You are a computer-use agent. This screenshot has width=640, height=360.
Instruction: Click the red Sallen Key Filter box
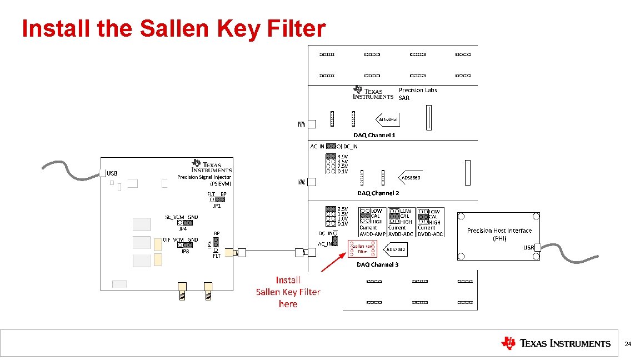tap(362, 249)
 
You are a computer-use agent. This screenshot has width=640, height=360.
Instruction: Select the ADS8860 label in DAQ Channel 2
tap(411, 178)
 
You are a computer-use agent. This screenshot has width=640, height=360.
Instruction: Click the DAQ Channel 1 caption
tap(374, 135)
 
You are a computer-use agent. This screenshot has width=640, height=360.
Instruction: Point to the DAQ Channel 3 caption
tap(378, 264)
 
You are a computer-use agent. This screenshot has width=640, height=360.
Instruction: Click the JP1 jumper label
tap(217, 206)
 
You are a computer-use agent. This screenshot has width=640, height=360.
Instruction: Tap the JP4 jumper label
tap(182, 228)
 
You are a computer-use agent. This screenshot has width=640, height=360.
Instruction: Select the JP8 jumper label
tap(185, 251)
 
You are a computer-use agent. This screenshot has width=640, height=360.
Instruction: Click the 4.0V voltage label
tap(343, 156)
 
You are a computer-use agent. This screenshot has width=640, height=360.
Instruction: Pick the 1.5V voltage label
tap(343, 214)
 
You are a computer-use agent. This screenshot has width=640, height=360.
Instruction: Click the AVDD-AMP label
tap(372, 234)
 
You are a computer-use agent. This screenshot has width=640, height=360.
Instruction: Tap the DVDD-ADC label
tap(431, 234)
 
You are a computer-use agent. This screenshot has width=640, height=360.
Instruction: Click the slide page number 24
tap(628, 344)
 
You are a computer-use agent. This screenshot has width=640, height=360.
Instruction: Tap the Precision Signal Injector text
tap(204, 177)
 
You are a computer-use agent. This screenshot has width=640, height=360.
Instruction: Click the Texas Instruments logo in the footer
tap(556, 343)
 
